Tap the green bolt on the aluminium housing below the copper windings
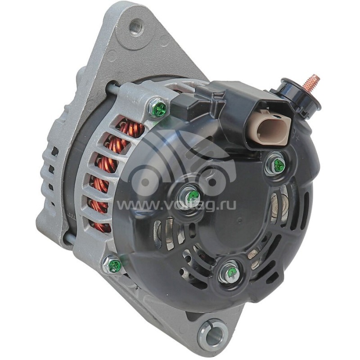point(114,265)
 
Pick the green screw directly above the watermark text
point(192,195)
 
